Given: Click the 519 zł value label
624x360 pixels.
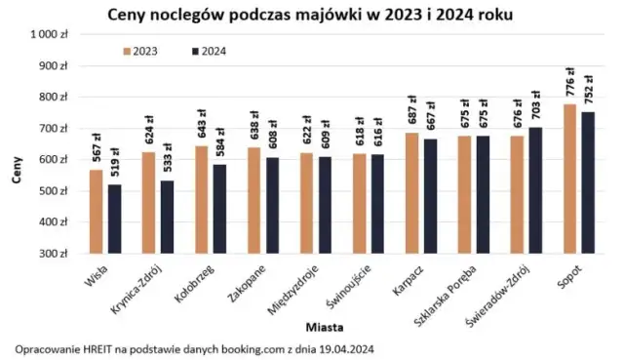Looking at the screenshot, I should tap(115, 162).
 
